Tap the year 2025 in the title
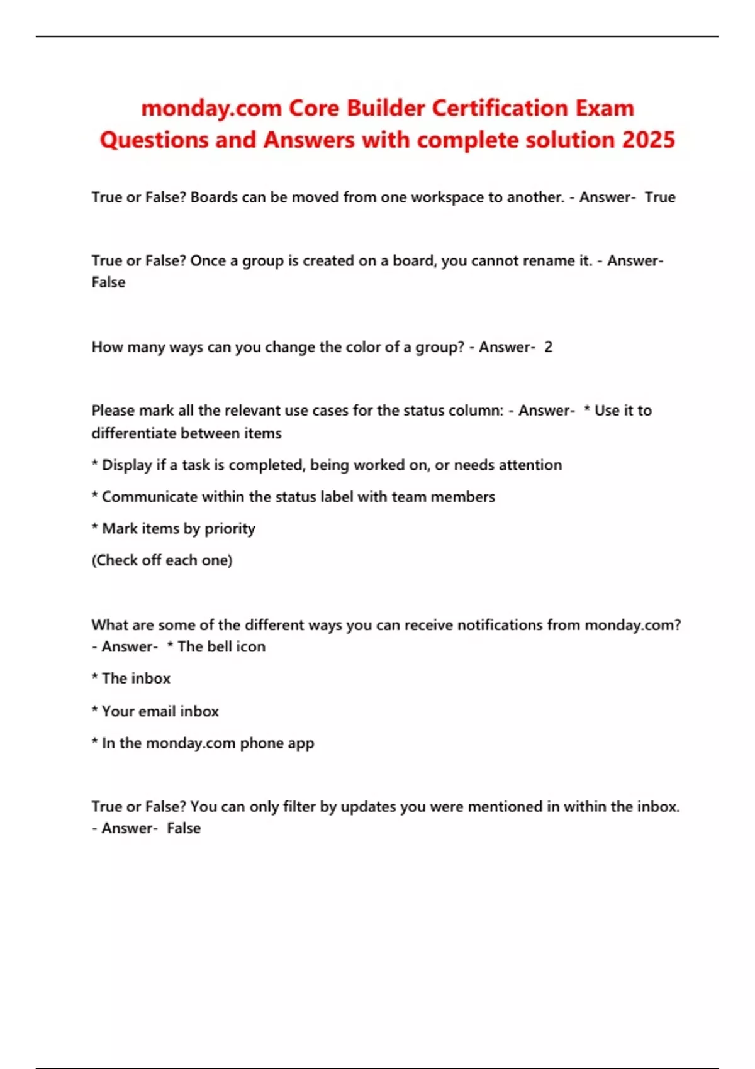pos(649,140)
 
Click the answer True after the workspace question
pos(660,197)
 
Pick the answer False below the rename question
pos(108,282)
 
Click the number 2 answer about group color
pos(548,347)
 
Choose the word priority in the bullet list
pos(230,529)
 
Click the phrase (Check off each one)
pos(162,560)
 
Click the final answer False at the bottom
pos(184,828)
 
